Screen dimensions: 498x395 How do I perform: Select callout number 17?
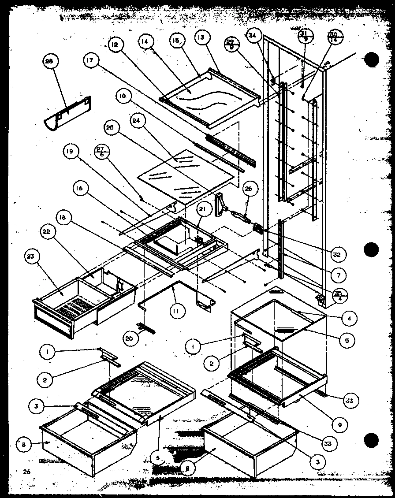[90, 61]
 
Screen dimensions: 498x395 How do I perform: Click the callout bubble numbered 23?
[32, 256]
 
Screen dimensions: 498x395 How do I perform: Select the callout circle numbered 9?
[340, 425]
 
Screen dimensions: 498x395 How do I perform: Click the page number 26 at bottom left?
[26, 472]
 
